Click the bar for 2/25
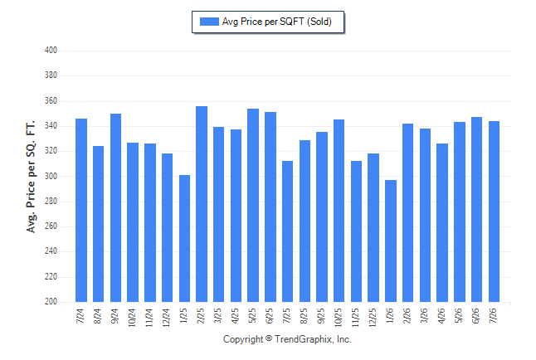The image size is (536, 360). [202, 204]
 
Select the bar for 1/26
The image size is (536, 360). [391, 241]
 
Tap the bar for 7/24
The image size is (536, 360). [81, 210]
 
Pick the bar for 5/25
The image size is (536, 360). [253, 205]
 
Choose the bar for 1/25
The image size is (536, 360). [184, 238]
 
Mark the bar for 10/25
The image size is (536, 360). [339, 211]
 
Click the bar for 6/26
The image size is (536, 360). [476, 210]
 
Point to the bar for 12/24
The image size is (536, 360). [167, 227]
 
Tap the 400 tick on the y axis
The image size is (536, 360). [51, 51]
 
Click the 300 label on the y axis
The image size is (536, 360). [51, 176]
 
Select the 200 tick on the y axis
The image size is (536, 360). [51, 302]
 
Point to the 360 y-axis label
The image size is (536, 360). [51, 101]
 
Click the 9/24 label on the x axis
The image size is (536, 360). [115, 316]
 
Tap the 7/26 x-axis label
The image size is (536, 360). [494, 316]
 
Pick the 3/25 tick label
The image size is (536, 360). [218, 316]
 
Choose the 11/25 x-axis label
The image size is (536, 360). [355, 318]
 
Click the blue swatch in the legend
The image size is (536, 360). [209, 22]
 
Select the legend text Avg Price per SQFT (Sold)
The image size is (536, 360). [277, 22]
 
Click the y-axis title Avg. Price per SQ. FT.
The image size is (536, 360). [31, 177]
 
